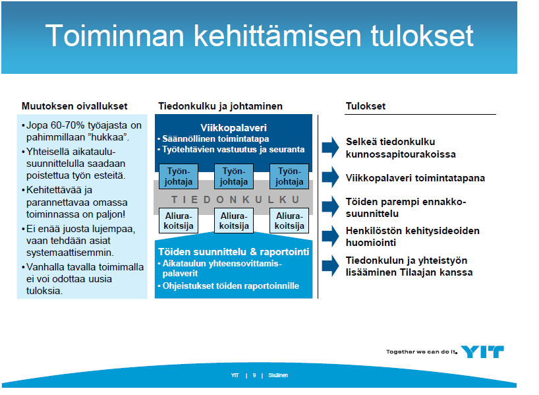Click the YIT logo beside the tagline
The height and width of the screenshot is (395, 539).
tap(482, 351)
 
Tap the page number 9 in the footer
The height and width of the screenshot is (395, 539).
tap(254, 375)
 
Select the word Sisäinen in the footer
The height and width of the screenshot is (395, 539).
tap(278, 375)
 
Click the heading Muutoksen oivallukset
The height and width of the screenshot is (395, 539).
tap(74, 106)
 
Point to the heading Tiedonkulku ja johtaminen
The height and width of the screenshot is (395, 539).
tap(220, 106)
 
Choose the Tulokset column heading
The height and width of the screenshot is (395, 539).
tap(366, 106)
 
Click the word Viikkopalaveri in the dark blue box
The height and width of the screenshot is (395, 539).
tap(233, 128)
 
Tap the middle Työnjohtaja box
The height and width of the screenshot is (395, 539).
tap(234, 176)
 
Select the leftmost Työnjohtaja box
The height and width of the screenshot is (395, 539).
tap(179, 176)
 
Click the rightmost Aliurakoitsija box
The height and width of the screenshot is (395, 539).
tap(289, 220)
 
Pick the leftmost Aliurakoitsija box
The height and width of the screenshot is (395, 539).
tap(179, 220)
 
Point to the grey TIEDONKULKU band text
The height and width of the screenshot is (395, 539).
tap(235, 200)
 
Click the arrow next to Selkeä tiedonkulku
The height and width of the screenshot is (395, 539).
tap(331, 147)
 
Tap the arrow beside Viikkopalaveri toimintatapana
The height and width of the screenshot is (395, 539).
tap(331, 177)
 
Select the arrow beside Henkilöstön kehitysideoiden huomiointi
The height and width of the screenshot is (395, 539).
tap(331, 236)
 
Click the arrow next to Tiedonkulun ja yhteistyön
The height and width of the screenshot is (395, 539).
tap(331, 266)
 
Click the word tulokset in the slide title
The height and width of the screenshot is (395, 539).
tap(422, 36)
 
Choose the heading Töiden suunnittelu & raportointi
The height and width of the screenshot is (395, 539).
tap(234, 252)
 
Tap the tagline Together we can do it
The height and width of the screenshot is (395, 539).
tap(422, 351)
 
